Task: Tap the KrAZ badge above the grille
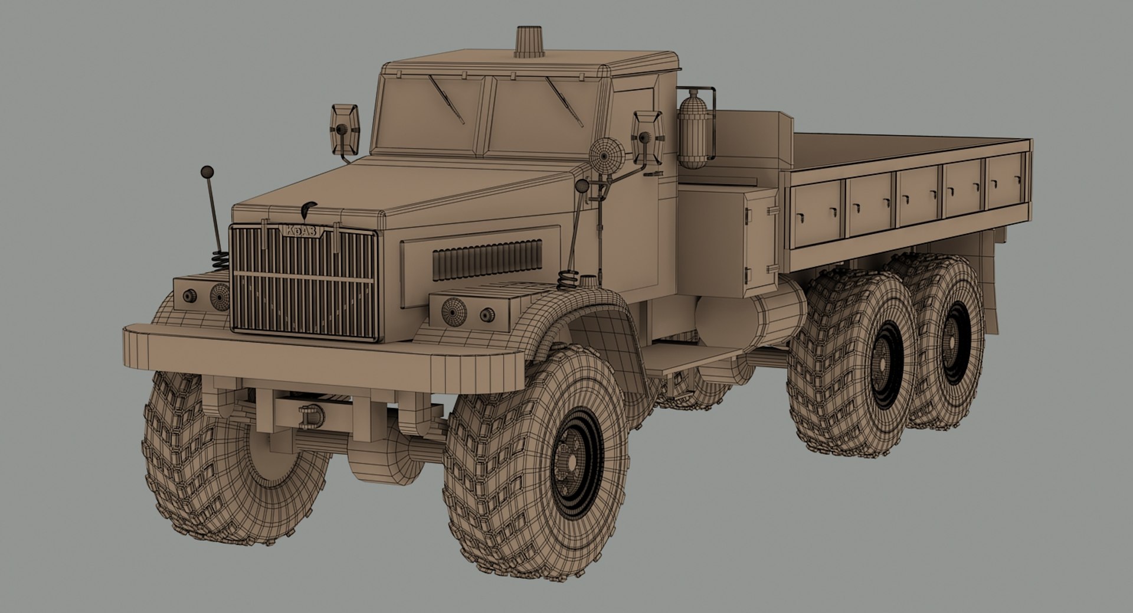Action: tap(302, 230)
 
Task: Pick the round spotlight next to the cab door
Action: tap(607, 155)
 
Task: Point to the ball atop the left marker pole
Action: tap(207, 172)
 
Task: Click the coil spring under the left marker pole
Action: tap(220, 260)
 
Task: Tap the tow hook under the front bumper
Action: tap(311, 416)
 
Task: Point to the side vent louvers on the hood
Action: tap(487, 260)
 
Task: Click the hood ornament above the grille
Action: tap(308, 208)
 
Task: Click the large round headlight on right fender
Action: tap(453, 311)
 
